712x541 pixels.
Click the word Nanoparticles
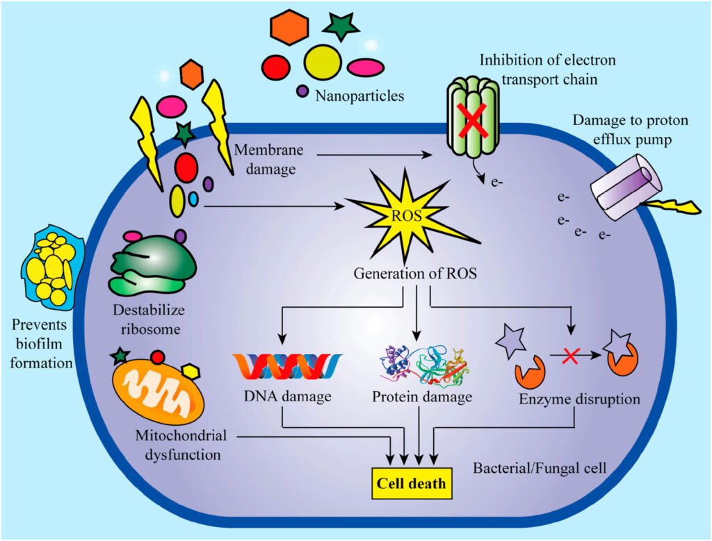[359, 95]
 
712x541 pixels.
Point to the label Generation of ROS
[414, 273]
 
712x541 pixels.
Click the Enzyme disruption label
[579, 400]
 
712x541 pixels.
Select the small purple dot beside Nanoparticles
[302, 90]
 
